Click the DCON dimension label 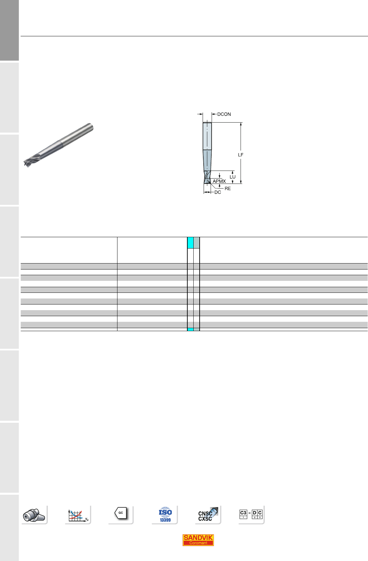click(224, 114)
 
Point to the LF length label click(241, 155)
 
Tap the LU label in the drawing click(232, 177)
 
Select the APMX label click(219, 181)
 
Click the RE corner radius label click(227, 189)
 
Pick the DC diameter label click(218, 192)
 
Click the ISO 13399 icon click(165, 515)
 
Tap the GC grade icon click(121, 513)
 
